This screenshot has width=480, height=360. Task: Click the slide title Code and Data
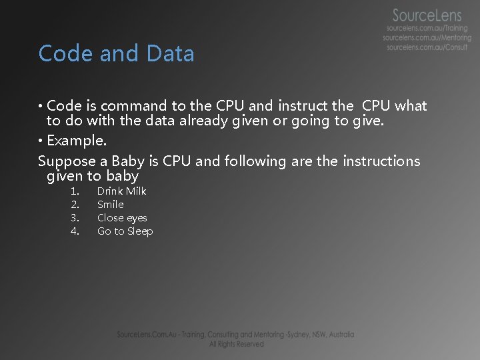116,53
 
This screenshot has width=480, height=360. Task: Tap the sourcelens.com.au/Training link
427,29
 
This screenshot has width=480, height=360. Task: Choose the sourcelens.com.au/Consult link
427,47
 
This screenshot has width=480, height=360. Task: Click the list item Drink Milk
121,191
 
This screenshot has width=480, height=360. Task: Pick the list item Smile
110,205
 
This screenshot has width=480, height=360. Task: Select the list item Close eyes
122,218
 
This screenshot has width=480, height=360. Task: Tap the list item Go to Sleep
125,231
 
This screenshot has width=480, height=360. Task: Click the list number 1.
75,191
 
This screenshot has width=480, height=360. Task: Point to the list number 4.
75,231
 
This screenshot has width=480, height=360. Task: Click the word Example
75,141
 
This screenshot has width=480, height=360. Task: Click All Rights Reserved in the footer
236,344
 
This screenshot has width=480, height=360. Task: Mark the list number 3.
75,218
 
